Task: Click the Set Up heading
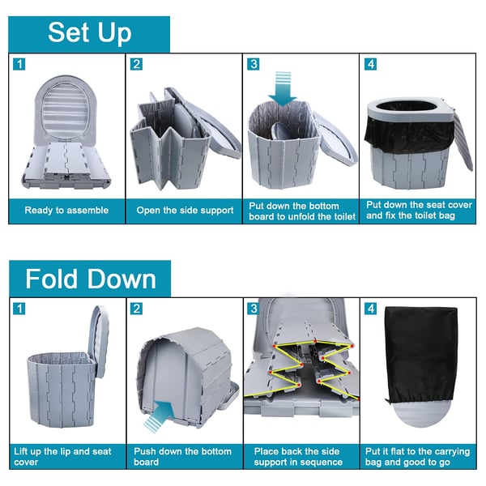click(x=90, y=33)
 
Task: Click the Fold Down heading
click(x=91, y=279)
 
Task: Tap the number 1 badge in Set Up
click(x=19, y=65)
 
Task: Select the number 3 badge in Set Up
click(x=254, y=64)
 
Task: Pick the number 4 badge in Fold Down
click(x=371, y=309)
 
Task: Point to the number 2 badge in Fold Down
click(x=136, y=309)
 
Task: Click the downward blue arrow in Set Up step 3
click(x=283, y=89)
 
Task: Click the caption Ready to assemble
click(x=66, y=210)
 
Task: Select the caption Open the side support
click(x=185, y=210)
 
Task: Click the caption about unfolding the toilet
click(x=302, y=211)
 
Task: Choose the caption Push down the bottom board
click(x=182, y=457)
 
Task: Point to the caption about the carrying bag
click(x=417, y=457)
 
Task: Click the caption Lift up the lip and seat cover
click(x=62, y=457)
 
